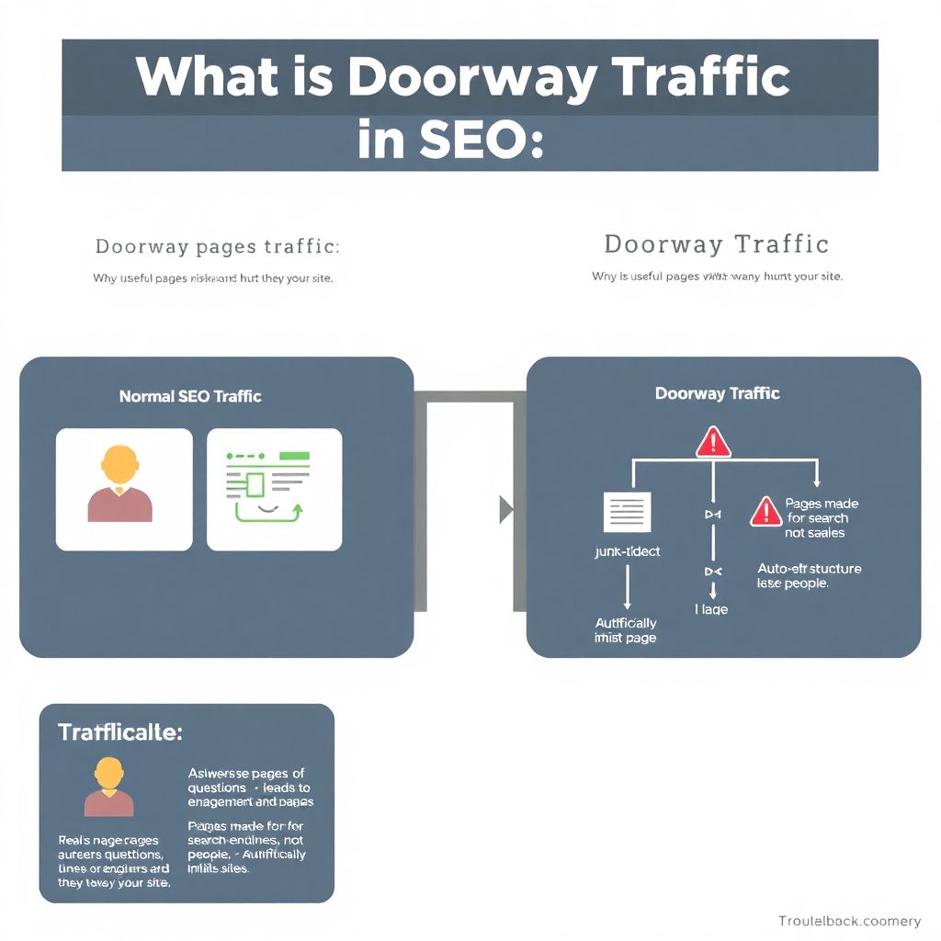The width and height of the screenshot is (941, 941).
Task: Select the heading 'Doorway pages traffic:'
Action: (x=218, y=247)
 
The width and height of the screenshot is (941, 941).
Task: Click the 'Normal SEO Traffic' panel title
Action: (x=190, y=396)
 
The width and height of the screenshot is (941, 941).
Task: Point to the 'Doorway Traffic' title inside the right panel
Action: (x=717, y=393)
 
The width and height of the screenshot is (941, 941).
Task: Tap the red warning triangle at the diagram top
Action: (x=713, y=442)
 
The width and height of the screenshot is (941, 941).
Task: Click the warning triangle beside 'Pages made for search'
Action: (x=765, y=511)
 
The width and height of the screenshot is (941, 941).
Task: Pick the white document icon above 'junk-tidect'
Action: (x=627, y=512)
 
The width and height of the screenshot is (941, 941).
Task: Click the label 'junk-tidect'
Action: (x=628, y=551)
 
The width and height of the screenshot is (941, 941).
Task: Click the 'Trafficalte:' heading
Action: (x=120, y=732)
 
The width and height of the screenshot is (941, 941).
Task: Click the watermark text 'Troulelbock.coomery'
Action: (x=848, y=921)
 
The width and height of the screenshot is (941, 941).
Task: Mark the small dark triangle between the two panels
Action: (x=505, y=509)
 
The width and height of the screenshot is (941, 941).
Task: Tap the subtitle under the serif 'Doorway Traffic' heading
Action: (x=717, y=276)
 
